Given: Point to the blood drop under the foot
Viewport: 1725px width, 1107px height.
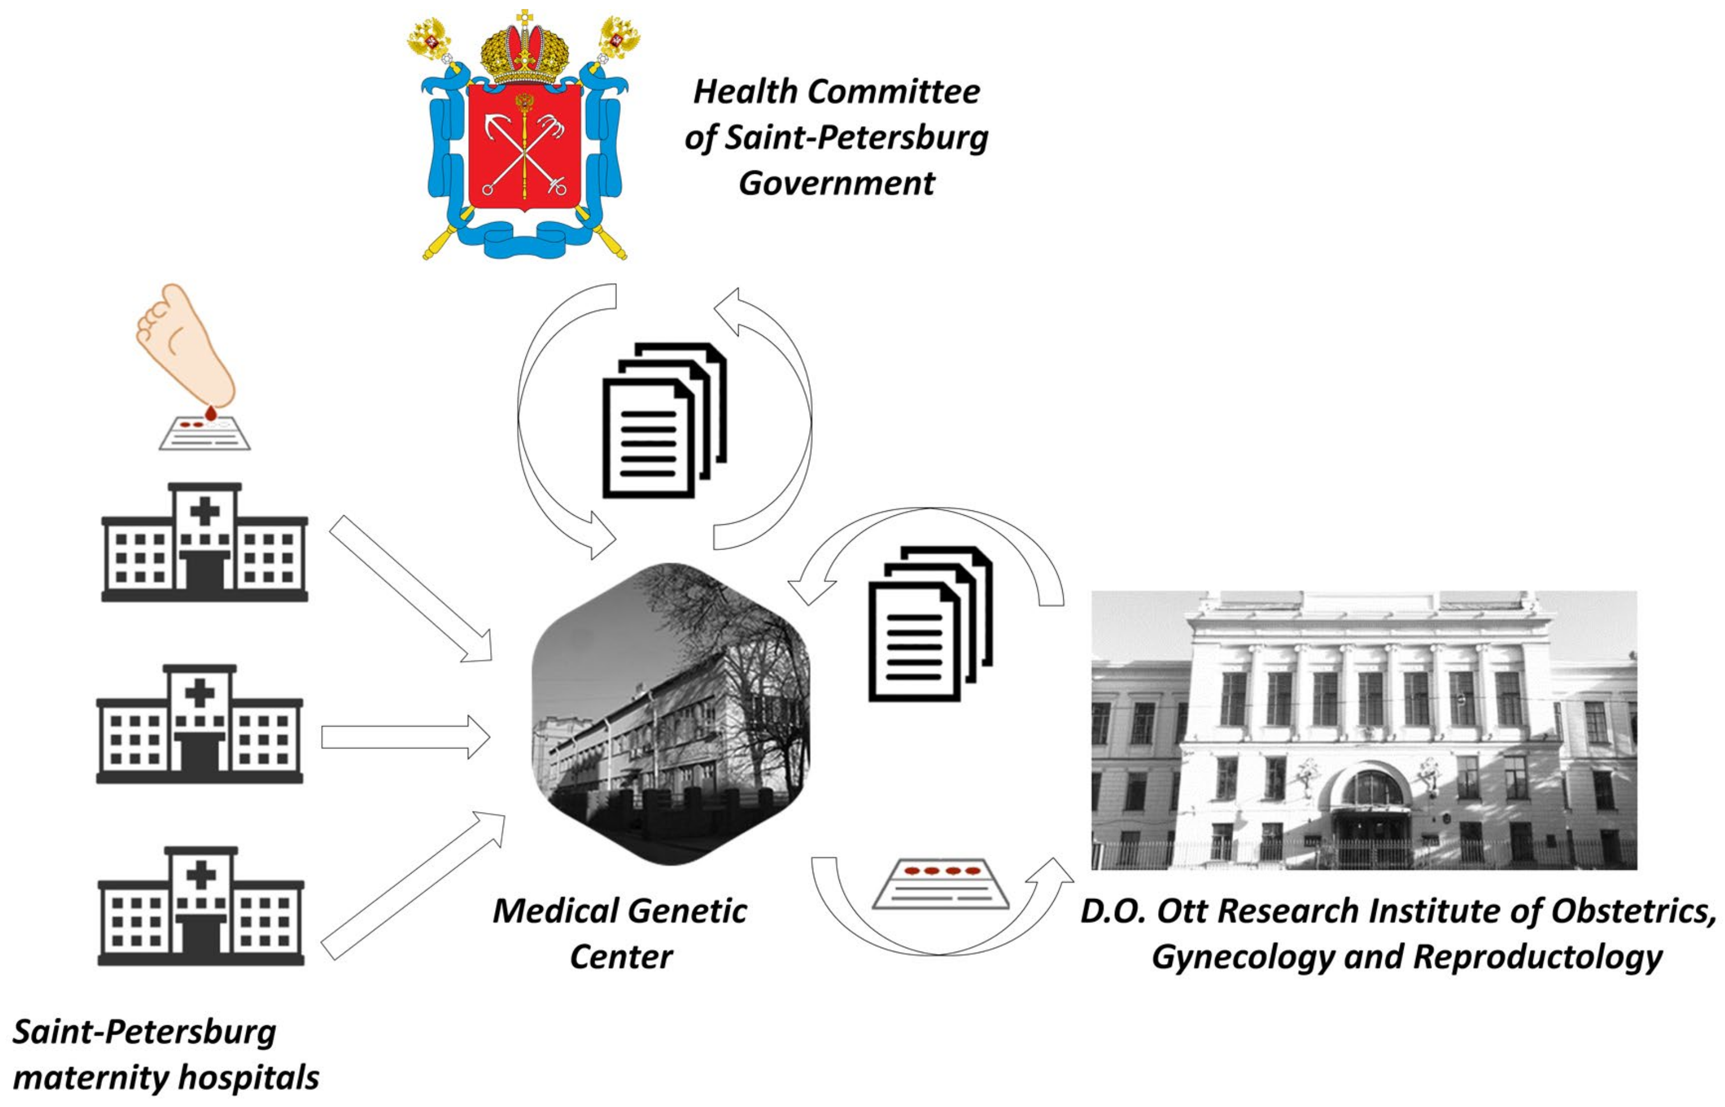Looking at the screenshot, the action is [x=211, y=413].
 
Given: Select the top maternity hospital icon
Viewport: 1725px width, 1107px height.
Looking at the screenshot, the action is [x=205, y=543].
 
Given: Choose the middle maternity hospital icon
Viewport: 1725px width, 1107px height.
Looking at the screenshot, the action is [x=200, y=725].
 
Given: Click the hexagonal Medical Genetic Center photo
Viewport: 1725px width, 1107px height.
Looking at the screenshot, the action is [x=671, y=713].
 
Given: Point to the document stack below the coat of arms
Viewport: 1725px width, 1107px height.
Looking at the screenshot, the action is [x=663, y=421].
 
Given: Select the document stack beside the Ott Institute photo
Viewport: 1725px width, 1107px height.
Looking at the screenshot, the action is [x=930, y=624].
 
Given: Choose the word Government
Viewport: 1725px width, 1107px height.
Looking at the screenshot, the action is [x=837, y=183].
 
